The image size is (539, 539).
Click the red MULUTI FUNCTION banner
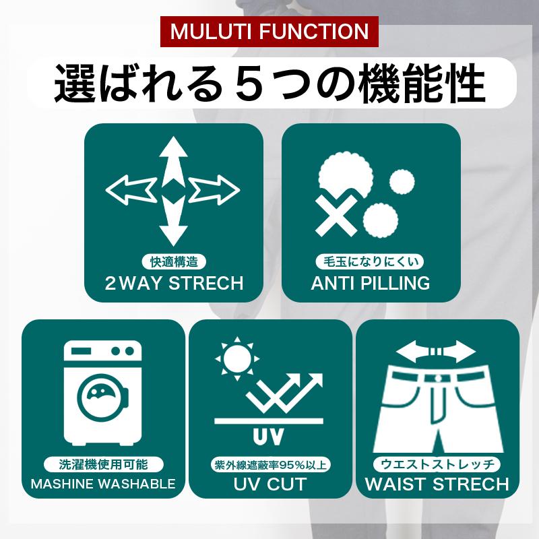(269, 31)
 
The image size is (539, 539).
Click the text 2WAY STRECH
(173, 283)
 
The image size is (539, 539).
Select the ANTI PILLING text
(371, 283)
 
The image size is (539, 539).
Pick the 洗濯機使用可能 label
(103, 464)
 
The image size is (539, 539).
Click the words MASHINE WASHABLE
(103, 484)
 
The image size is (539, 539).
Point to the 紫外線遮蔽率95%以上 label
(269, 466)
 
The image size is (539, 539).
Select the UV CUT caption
(269, 484)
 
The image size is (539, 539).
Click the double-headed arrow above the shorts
(437, 351)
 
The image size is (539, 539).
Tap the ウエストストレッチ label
(437, 464)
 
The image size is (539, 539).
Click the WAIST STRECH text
(437, 484)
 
